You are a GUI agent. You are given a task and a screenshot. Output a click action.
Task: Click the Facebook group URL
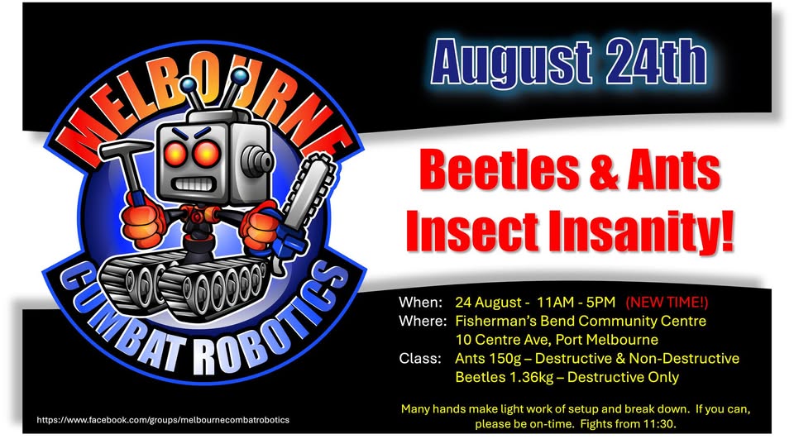pos(163,420)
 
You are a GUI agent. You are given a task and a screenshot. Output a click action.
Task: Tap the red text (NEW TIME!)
pos(667,303)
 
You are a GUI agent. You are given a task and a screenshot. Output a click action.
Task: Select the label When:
pos(420,303)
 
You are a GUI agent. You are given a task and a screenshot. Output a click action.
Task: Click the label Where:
pos(423,321)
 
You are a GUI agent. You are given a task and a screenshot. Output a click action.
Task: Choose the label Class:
pos(420,359)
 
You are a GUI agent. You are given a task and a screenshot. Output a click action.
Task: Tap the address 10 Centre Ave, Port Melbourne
pos(557,340)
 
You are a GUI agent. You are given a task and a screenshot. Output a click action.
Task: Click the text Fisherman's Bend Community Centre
pos(581,322)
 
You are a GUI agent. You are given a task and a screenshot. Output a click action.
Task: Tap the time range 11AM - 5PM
pos(576,303)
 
